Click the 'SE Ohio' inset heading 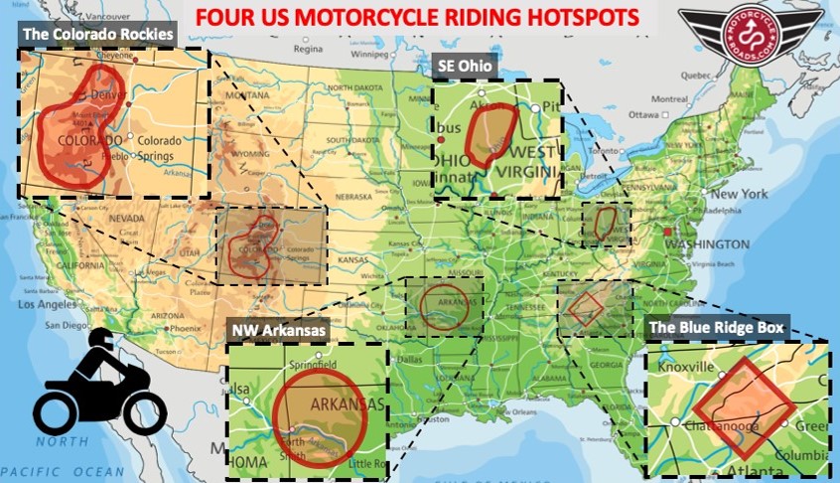(467, 65)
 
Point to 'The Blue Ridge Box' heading (716, 326)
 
